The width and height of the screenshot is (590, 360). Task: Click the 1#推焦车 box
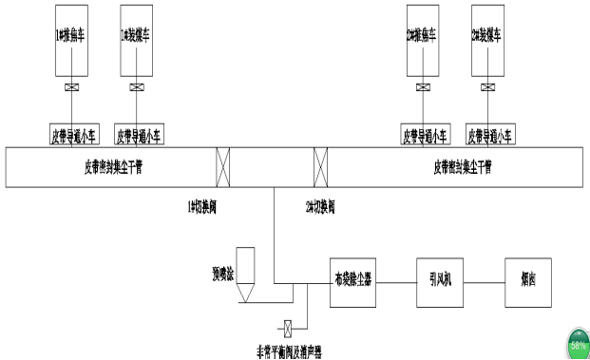72,42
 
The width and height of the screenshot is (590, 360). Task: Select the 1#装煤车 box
136,42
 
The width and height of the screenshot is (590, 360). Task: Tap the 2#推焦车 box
422,42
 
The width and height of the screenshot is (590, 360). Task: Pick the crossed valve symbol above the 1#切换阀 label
224,168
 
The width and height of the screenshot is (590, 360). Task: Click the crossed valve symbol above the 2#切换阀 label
321,168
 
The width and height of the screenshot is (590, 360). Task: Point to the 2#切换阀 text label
320,205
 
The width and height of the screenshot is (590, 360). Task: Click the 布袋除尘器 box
352,281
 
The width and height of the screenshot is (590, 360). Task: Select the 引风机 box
438,281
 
